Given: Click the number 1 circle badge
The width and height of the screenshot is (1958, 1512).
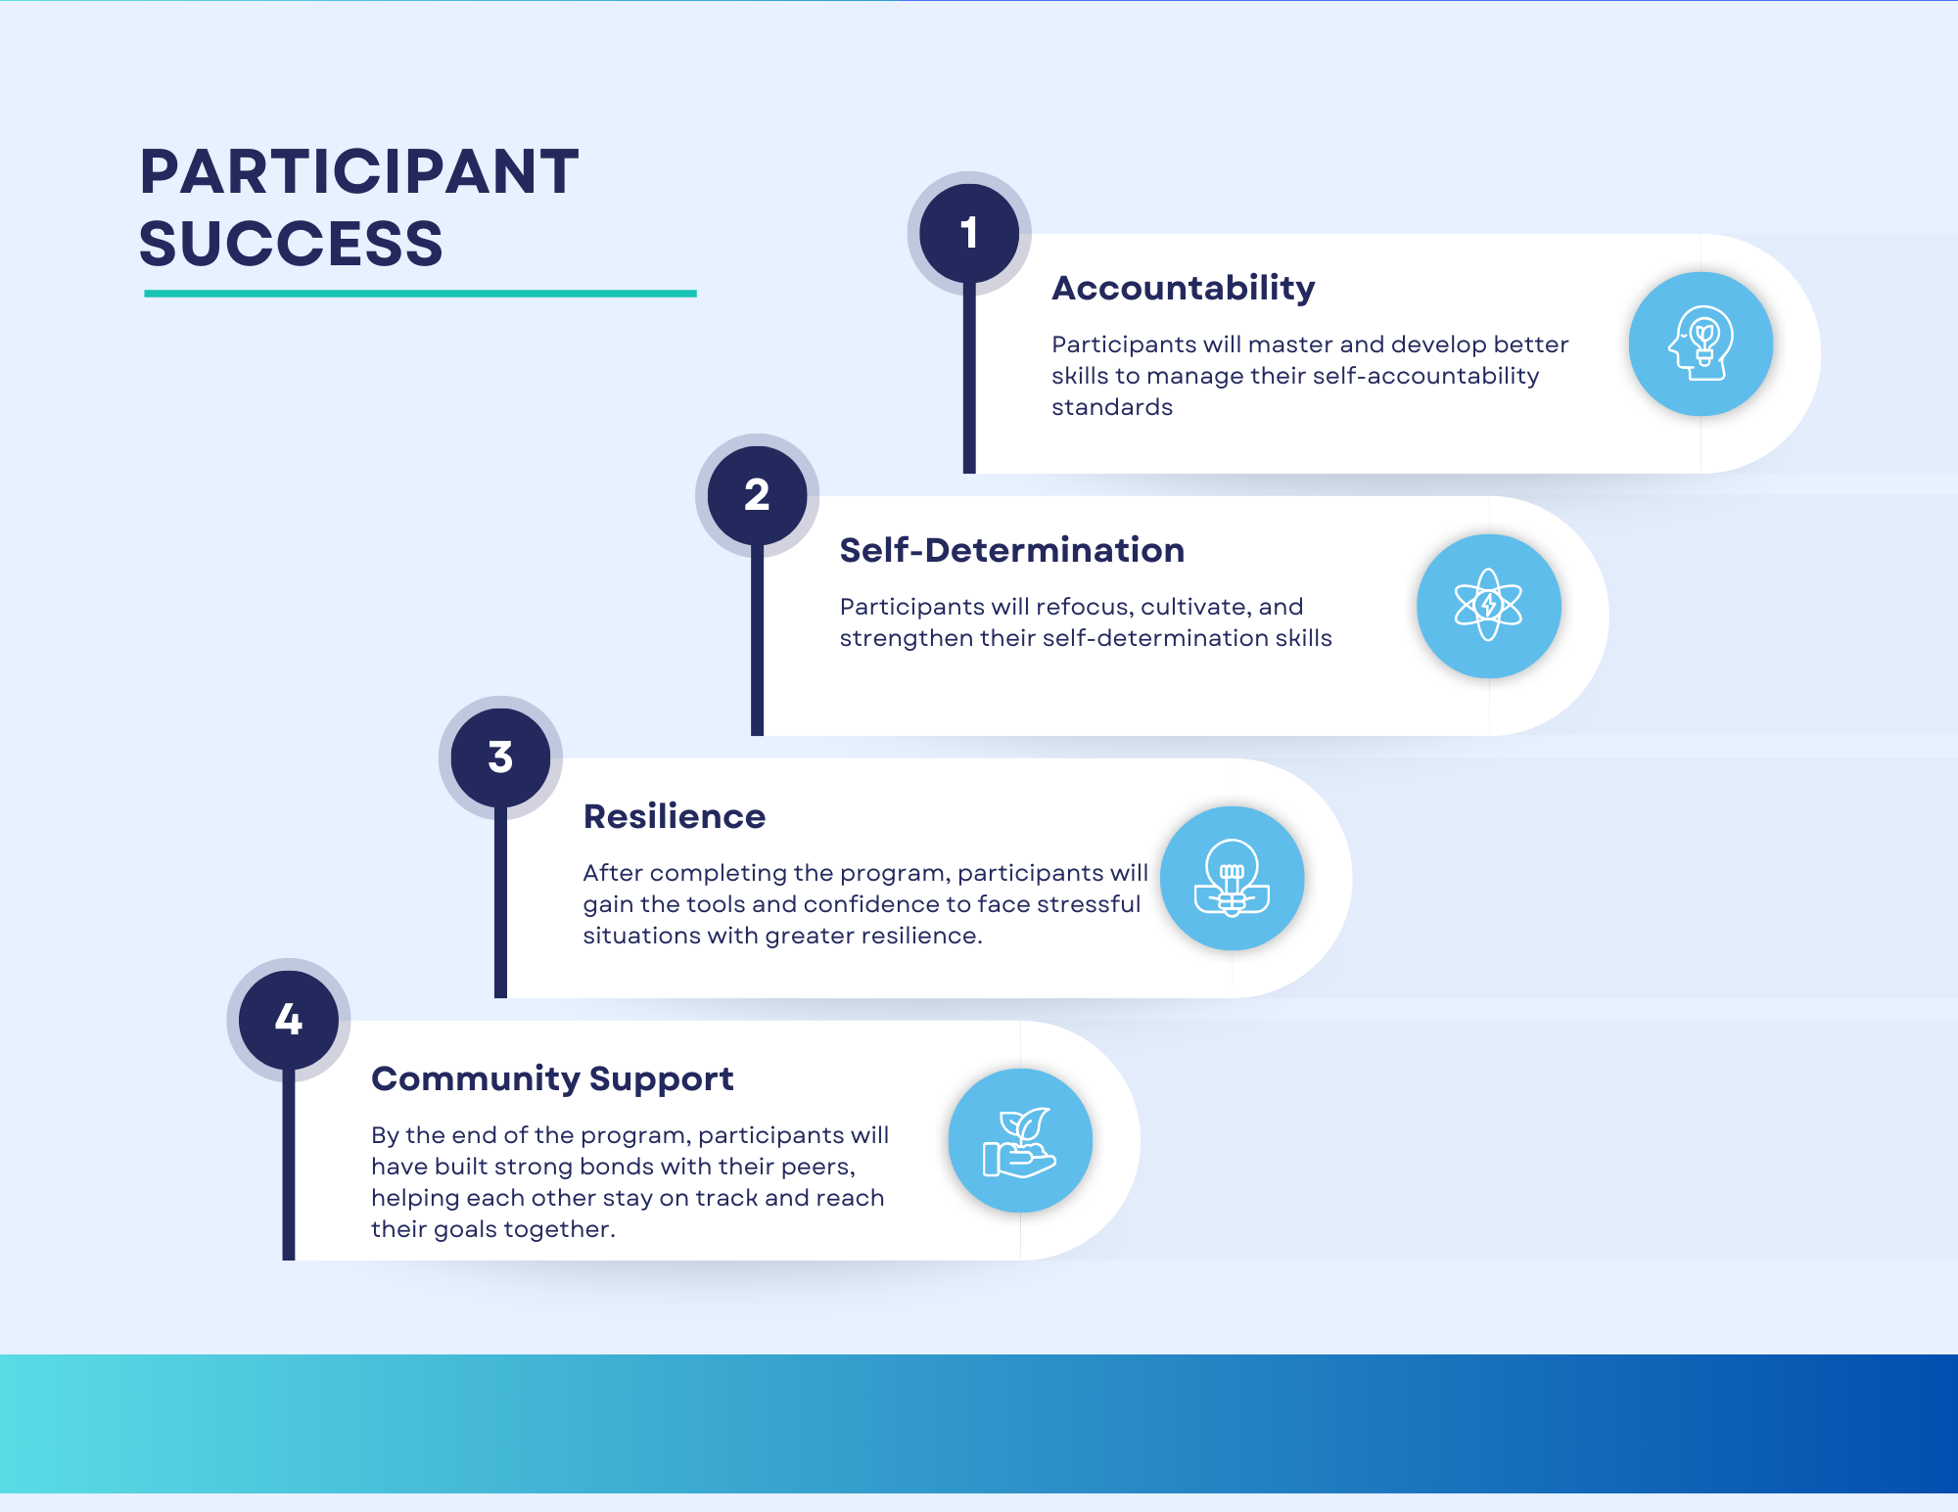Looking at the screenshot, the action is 969,233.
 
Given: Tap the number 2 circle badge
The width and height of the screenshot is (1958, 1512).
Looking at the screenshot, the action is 757,495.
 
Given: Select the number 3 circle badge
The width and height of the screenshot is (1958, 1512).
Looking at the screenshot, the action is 500,757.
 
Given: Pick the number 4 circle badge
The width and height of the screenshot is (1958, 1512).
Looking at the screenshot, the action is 289,1020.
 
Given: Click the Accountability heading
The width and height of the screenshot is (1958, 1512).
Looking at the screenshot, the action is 1183,288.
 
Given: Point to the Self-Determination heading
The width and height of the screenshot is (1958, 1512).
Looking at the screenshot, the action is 1011,550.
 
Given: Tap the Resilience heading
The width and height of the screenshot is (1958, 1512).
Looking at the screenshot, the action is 674,816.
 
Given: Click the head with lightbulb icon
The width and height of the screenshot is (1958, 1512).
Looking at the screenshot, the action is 1701,344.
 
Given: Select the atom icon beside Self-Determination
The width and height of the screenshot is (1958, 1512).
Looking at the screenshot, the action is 1488,606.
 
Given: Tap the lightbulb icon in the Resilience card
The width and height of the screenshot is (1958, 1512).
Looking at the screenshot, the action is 1232,878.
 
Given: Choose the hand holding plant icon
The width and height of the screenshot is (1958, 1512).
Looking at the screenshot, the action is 1019,1141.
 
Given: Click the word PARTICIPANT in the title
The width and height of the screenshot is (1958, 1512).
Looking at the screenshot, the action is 359,172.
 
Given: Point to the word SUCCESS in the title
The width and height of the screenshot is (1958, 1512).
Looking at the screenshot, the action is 291,244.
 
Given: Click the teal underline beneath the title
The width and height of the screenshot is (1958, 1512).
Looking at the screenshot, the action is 420,293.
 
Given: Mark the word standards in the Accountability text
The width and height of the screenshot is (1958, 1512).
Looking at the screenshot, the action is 1111,407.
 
